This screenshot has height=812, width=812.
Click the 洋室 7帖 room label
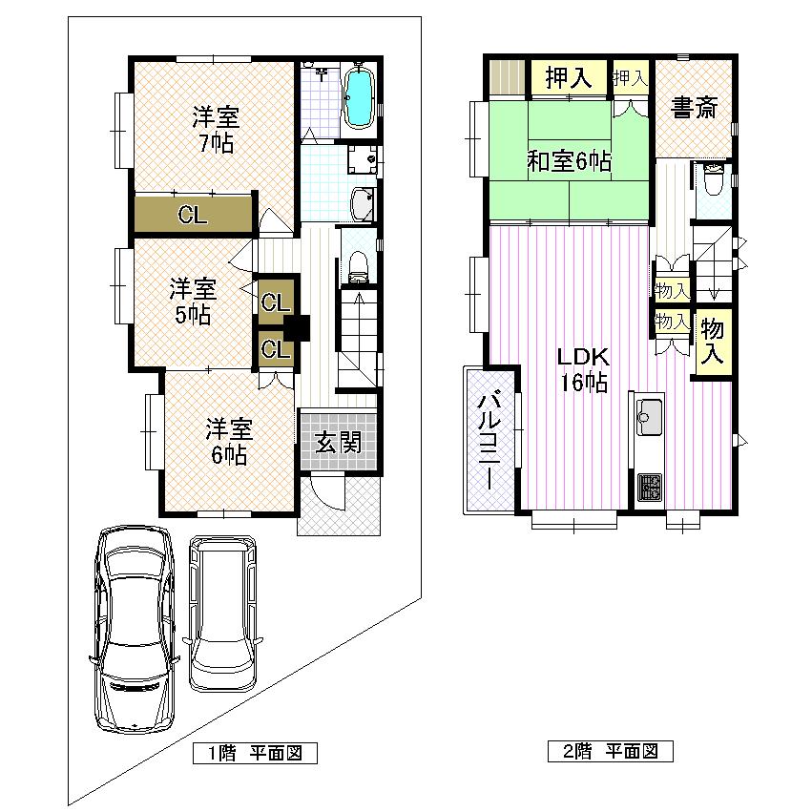(214, 131)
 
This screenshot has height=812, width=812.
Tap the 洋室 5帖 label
(193, 301)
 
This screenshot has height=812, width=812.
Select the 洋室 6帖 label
(228, 441)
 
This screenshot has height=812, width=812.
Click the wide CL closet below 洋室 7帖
(193, 215)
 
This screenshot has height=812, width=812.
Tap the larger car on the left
(134, 628)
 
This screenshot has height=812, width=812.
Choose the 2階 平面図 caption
(610, 751)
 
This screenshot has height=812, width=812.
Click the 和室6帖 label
(570, 161)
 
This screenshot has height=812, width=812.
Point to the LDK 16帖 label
(583, 369)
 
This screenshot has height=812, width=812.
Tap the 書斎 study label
(694, 108)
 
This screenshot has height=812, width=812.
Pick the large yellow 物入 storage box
(711, 342)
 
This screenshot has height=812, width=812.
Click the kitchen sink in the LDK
(650, 417)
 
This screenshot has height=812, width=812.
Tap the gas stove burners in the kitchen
(650, 487)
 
